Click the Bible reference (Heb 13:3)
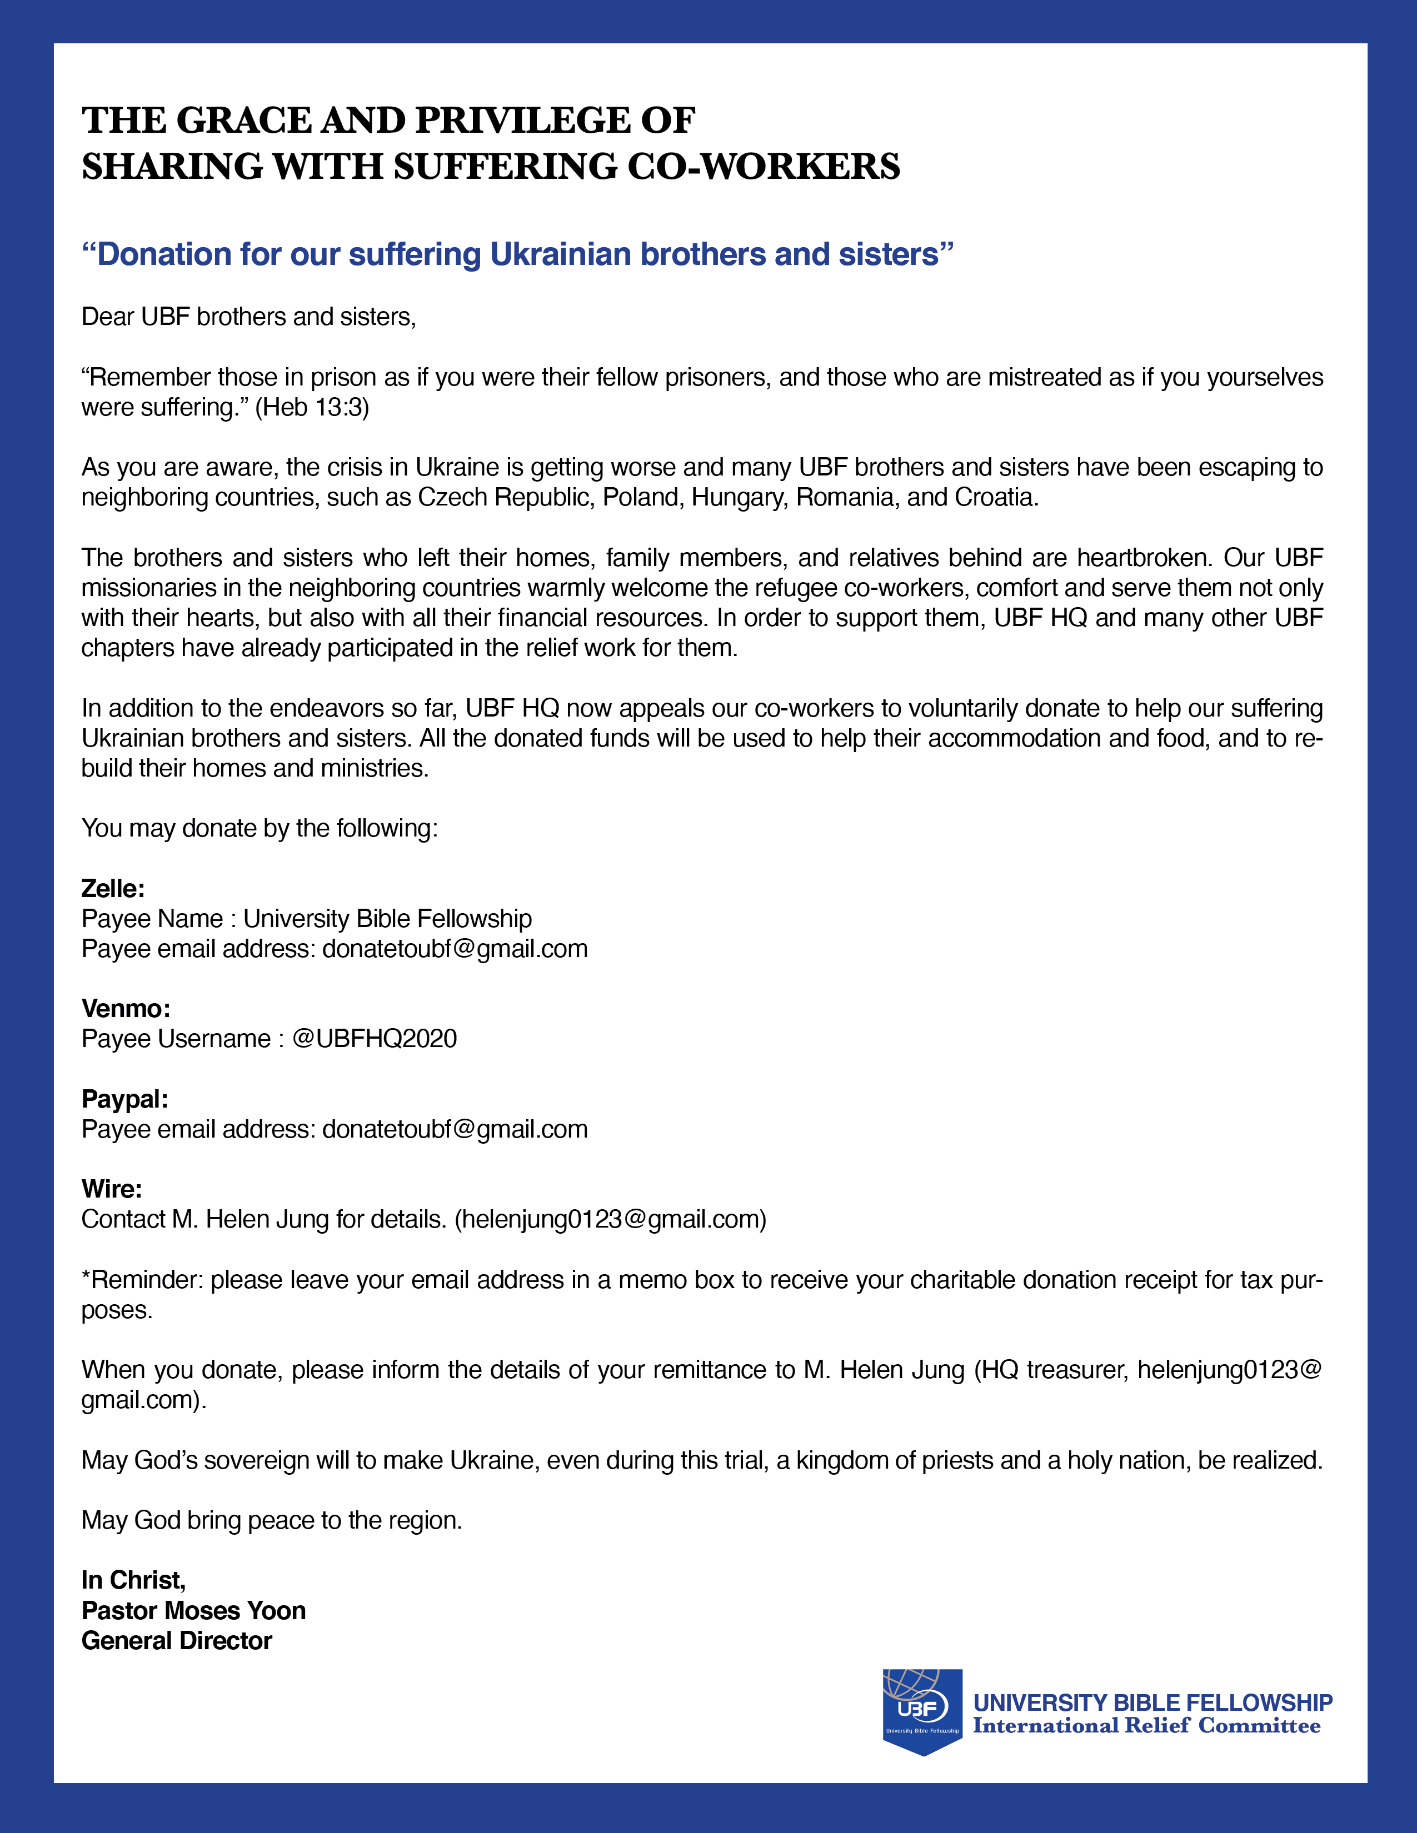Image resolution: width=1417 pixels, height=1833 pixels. [312, 408]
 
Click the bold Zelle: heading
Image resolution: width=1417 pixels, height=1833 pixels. [112, 889]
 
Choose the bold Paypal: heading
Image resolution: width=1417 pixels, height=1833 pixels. [124, 1099]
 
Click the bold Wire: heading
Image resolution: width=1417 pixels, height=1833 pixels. [112, 1189]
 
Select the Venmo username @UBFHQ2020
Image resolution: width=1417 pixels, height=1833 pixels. [375, 1039]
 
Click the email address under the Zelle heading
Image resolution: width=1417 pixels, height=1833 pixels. [455, 949]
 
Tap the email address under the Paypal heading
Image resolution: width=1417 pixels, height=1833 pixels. [455, 1130]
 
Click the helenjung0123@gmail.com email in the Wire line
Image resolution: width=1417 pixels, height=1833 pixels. [610, 1219]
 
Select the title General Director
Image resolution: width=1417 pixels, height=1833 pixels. [176, 1641]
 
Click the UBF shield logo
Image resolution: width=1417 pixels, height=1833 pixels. [922, 1710]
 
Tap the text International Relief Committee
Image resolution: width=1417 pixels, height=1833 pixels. [1146, 1726]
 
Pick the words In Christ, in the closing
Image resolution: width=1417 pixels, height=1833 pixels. [133, 1580]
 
